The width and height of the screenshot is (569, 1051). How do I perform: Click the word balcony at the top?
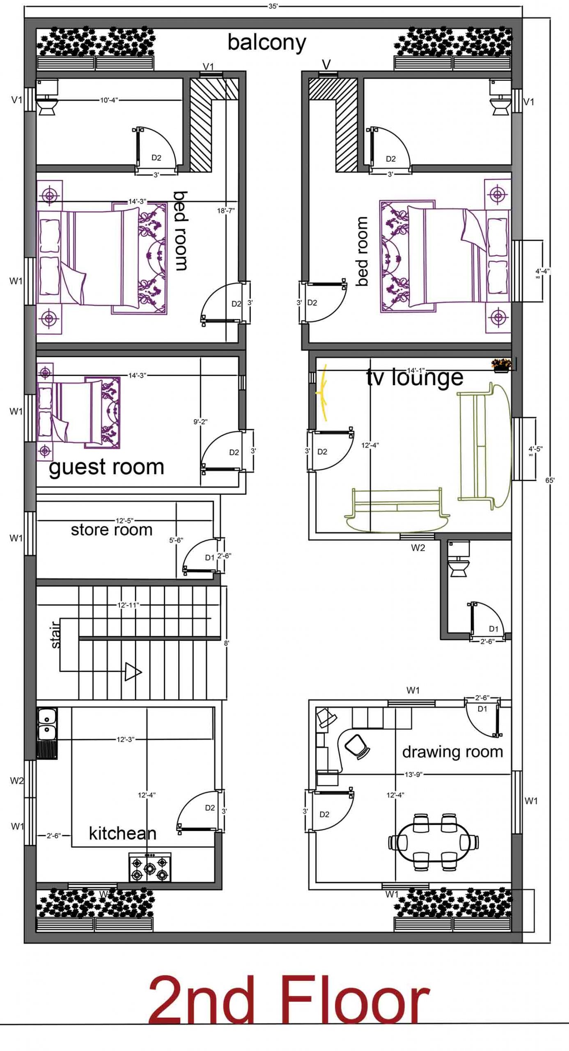pos(267,43)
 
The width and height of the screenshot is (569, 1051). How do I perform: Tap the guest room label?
pos(106,467)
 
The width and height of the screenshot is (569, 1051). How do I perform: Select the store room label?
pos(112,530)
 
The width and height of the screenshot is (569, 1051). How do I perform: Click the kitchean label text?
pos(122,833)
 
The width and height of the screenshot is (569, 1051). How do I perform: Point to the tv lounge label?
pos(415,377)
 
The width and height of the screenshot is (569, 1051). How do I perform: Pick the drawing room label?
pos(452,752)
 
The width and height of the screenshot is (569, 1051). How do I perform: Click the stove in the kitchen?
pos(150,867)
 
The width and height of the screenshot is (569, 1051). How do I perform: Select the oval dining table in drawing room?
pos(434,842)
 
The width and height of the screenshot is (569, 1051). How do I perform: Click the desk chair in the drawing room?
pos(357,745)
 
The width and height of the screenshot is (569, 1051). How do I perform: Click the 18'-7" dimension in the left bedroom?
pos(226,211)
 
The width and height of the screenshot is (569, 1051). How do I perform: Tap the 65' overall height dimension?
pos(550,480)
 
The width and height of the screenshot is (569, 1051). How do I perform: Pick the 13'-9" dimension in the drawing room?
pos(413,774)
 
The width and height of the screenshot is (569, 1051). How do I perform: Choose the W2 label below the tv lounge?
pos(418,548)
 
